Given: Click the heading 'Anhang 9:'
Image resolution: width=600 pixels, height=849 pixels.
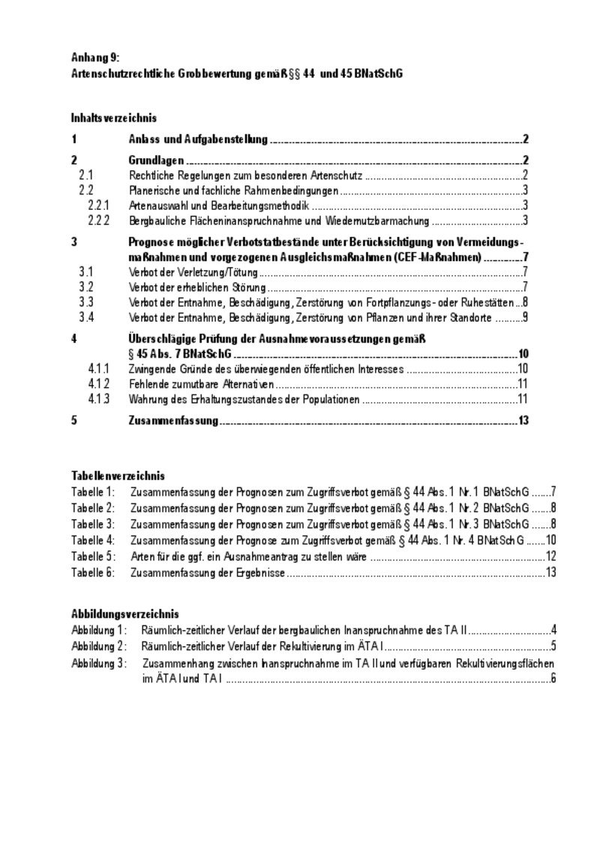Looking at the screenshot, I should coord(94,57).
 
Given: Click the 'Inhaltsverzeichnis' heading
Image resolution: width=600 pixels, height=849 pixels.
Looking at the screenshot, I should coord(113,118).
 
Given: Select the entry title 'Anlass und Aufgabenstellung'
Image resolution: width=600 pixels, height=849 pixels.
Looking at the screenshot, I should coord(198,139).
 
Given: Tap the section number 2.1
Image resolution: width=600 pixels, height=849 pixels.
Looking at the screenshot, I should coord(85,175).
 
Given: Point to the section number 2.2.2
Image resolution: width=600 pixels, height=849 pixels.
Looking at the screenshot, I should coord(98,220).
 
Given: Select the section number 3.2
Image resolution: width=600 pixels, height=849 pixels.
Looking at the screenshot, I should coord(85,287).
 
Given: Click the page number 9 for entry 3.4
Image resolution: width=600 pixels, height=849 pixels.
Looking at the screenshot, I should coord(526,318).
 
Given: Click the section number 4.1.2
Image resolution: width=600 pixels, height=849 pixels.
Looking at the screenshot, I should coord(98,384).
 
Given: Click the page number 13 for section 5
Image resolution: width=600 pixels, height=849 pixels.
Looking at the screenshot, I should coord(523,421).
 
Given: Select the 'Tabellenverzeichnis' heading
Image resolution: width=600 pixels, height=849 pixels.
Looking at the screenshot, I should coord(118,476).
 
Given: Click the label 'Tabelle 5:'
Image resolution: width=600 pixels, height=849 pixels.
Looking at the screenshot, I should coord(93,556).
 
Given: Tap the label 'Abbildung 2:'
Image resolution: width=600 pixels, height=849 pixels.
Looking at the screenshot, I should coord(99,645).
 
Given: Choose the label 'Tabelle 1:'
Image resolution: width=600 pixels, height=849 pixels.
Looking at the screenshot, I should coord(93,492).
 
